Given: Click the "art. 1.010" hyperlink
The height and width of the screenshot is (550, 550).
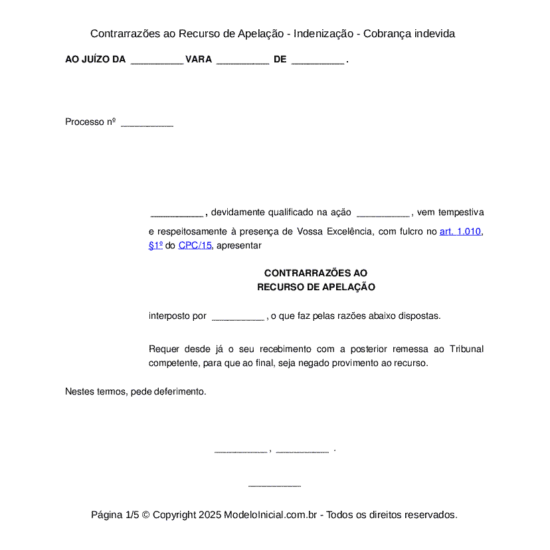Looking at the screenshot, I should [x=460, y=232].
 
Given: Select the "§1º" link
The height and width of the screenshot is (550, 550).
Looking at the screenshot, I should [x=155, y=245].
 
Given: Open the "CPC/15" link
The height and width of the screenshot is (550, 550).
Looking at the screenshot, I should [x=195, y=245].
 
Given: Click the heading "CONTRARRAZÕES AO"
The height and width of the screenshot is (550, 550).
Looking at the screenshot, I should [x=316, y=273].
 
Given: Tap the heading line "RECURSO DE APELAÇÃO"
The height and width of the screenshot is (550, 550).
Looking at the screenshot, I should [x=316, y=287].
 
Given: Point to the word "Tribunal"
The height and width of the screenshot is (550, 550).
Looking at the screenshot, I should [x=466, y=349].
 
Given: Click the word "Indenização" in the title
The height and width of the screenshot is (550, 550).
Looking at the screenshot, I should [x=323, y=34].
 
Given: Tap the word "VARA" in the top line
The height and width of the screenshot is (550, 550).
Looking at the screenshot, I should [x=199, y=60].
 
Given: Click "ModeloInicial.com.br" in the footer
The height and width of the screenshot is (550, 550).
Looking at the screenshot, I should [x=270, y=515].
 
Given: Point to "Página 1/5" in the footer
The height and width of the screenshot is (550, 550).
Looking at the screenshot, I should [x=115, y=515].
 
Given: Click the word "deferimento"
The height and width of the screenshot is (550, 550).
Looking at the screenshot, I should [x=181, y=391].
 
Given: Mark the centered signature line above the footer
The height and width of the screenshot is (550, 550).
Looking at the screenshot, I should [x=274, y=486].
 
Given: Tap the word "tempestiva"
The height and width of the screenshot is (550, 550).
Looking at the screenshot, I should [x=460, y=213].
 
